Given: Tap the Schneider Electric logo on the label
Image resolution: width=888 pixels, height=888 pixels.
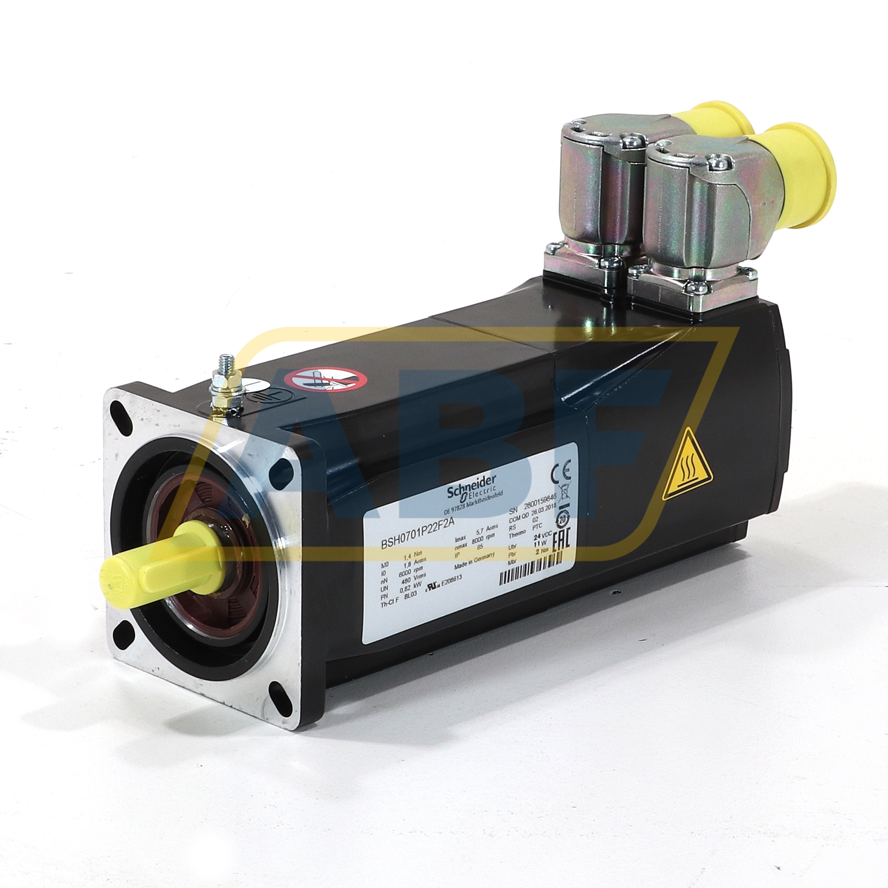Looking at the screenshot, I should point(473,488).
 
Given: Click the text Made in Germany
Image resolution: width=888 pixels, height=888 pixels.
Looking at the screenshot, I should point(474,561).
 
